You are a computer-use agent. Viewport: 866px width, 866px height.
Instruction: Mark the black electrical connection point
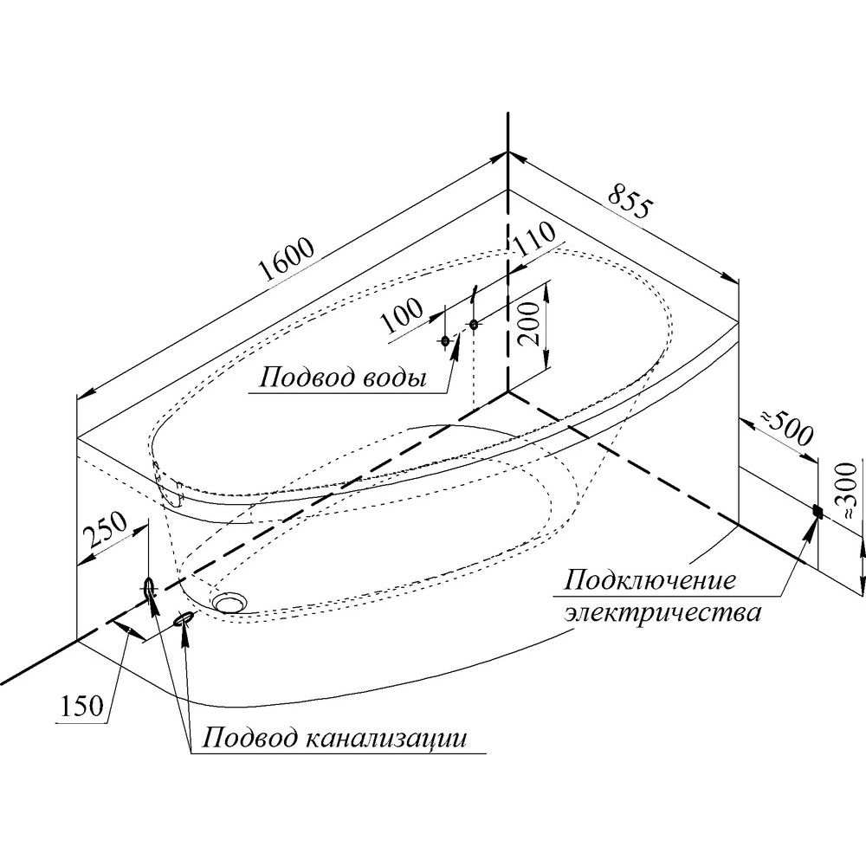[816, 511]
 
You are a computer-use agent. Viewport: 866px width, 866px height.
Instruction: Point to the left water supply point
[446, 340]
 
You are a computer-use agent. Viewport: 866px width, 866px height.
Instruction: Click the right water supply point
[474, 324]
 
